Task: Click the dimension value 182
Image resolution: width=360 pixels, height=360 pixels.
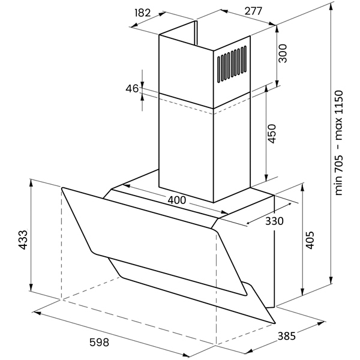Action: click(142, 12)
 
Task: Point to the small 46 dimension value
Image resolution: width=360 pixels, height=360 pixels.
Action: click(132, 89)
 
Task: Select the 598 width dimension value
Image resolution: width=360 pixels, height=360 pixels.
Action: click(99, 343)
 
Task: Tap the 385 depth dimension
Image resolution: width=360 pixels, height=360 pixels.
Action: click(286, 337)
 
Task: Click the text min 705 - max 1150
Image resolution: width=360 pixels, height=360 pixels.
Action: click(339, 142)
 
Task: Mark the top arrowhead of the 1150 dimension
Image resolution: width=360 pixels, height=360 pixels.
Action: click(332, 5)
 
